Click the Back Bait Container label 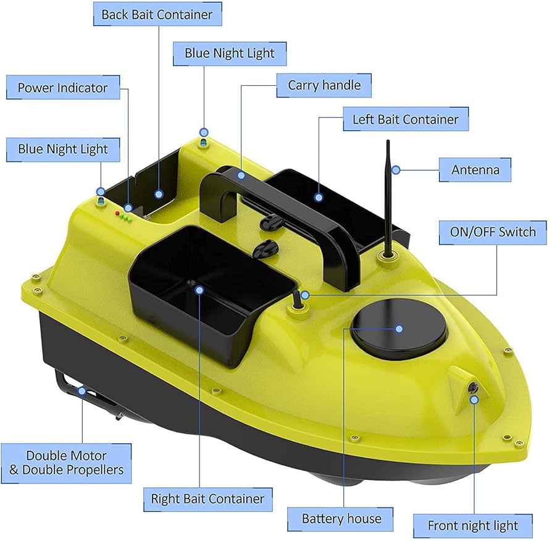pyautogui.click(x=157, y=14)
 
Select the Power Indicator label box pyautogui.click(x=62, y=88)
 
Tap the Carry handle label pyautogui.click(x=324, y=85)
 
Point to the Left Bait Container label pyautogui.click(x=405, y=119)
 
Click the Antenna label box pyautogui.click(x=475, y=169)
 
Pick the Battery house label pyautogui.click(x=341, y=518)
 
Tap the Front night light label pyautogui.click(x=473, y=526)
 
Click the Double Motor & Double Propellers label pyautogui.click(x=66, y=463)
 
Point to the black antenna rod pyautogui.click(x=388, y=198)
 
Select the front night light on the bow pyautogui.click(x=474, y=387)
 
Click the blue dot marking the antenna pyautogui.click(x=397, y=169)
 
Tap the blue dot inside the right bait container pyautogui.click(x=199, y=288)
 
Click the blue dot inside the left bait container pyautogui.click(x=319, y=197)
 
